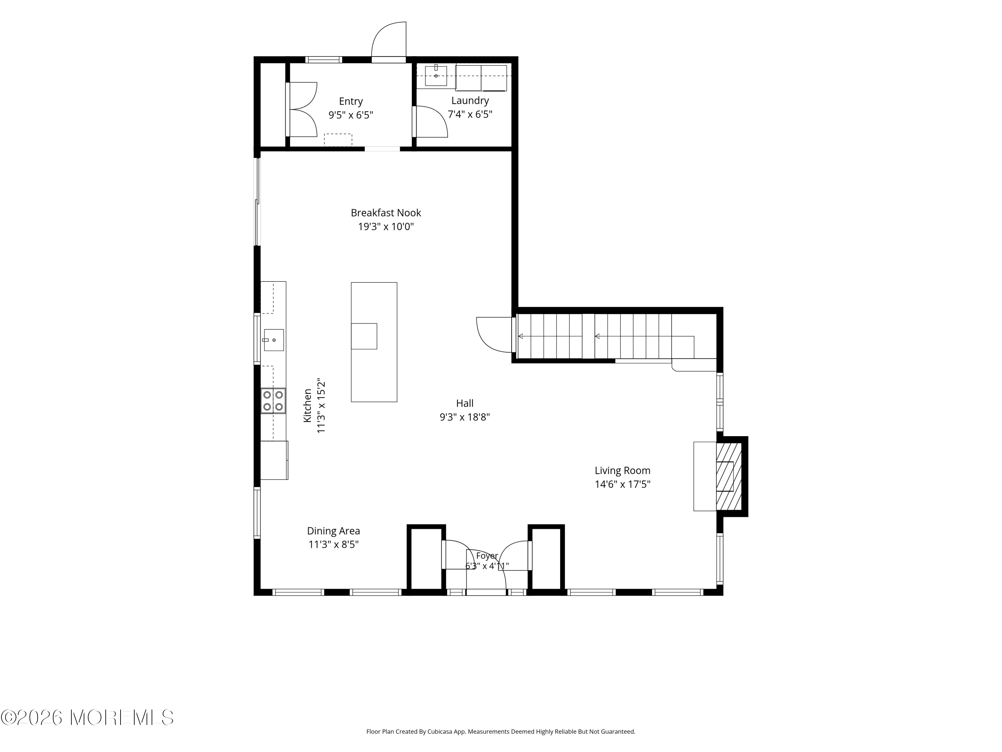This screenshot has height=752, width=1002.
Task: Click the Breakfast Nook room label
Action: [386, 213]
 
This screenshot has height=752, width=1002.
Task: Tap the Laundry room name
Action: [470, 101]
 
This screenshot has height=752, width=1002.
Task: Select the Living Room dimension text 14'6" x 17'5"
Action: [622, 484]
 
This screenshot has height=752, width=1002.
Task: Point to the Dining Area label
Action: [333, 531]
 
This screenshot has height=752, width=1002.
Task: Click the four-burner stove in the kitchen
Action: [273, 401]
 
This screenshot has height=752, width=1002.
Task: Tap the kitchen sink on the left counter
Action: [274, 340]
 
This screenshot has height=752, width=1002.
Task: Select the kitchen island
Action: [374, 342]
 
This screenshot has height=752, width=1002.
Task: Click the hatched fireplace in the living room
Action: [728, 476]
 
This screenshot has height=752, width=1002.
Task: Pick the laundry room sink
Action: [436, 76]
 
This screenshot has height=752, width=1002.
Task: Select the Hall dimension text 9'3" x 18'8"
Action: [465, 417]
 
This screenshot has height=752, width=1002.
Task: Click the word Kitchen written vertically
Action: [308, 406]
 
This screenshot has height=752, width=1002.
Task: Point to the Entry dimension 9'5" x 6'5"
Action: [351, 115]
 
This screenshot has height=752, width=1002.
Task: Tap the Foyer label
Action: [487, 556]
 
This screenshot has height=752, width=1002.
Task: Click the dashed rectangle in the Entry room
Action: [338, 140]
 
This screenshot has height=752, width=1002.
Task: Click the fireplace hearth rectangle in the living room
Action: [705, 476]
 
